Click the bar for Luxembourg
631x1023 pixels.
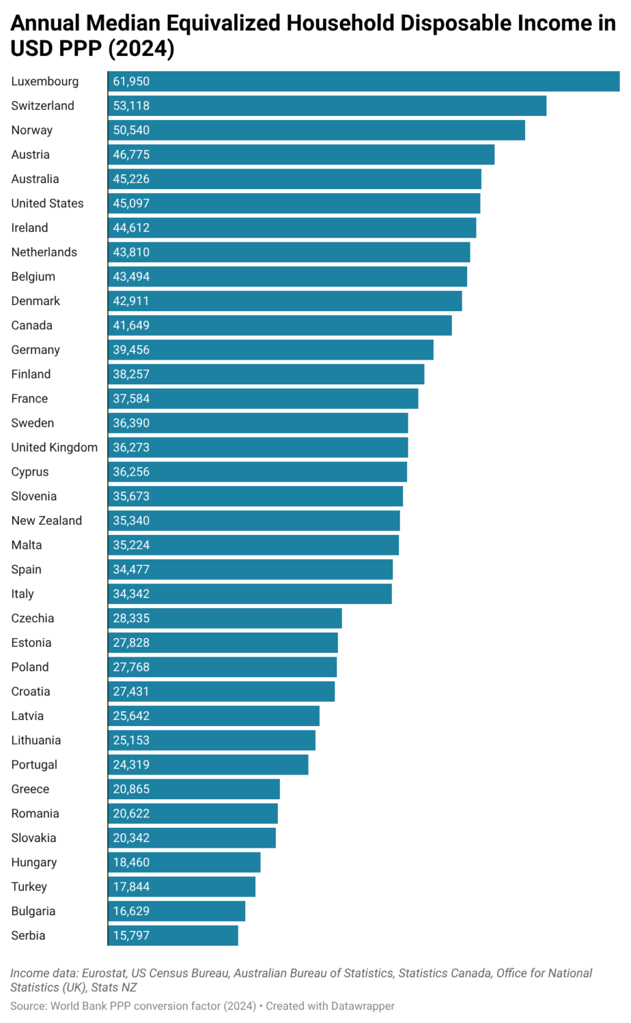[364, 81]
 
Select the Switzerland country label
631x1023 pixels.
[43, 106]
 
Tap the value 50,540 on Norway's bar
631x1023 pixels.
[131, 131]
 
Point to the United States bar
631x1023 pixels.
[294, 203]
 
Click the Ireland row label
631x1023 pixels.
[29, 228]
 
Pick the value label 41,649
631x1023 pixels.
[131, 326]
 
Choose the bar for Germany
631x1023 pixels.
[271, 350]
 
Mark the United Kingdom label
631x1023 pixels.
[54, 448]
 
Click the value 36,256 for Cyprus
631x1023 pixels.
[131, 472]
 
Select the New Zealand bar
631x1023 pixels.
[254, 521]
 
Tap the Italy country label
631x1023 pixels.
[22, 594]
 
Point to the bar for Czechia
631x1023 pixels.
[225, 618]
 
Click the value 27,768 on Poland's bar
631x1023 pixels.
[131, 667]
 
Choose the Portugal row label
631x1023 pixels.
[34, 765]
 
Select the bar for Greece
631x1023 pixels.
[194, 789]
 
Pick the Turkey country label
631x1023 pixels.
[29, 886]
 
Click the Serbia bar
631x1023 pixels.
[173, 936]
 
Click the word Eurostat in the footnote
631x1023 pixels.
[103, 973]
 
